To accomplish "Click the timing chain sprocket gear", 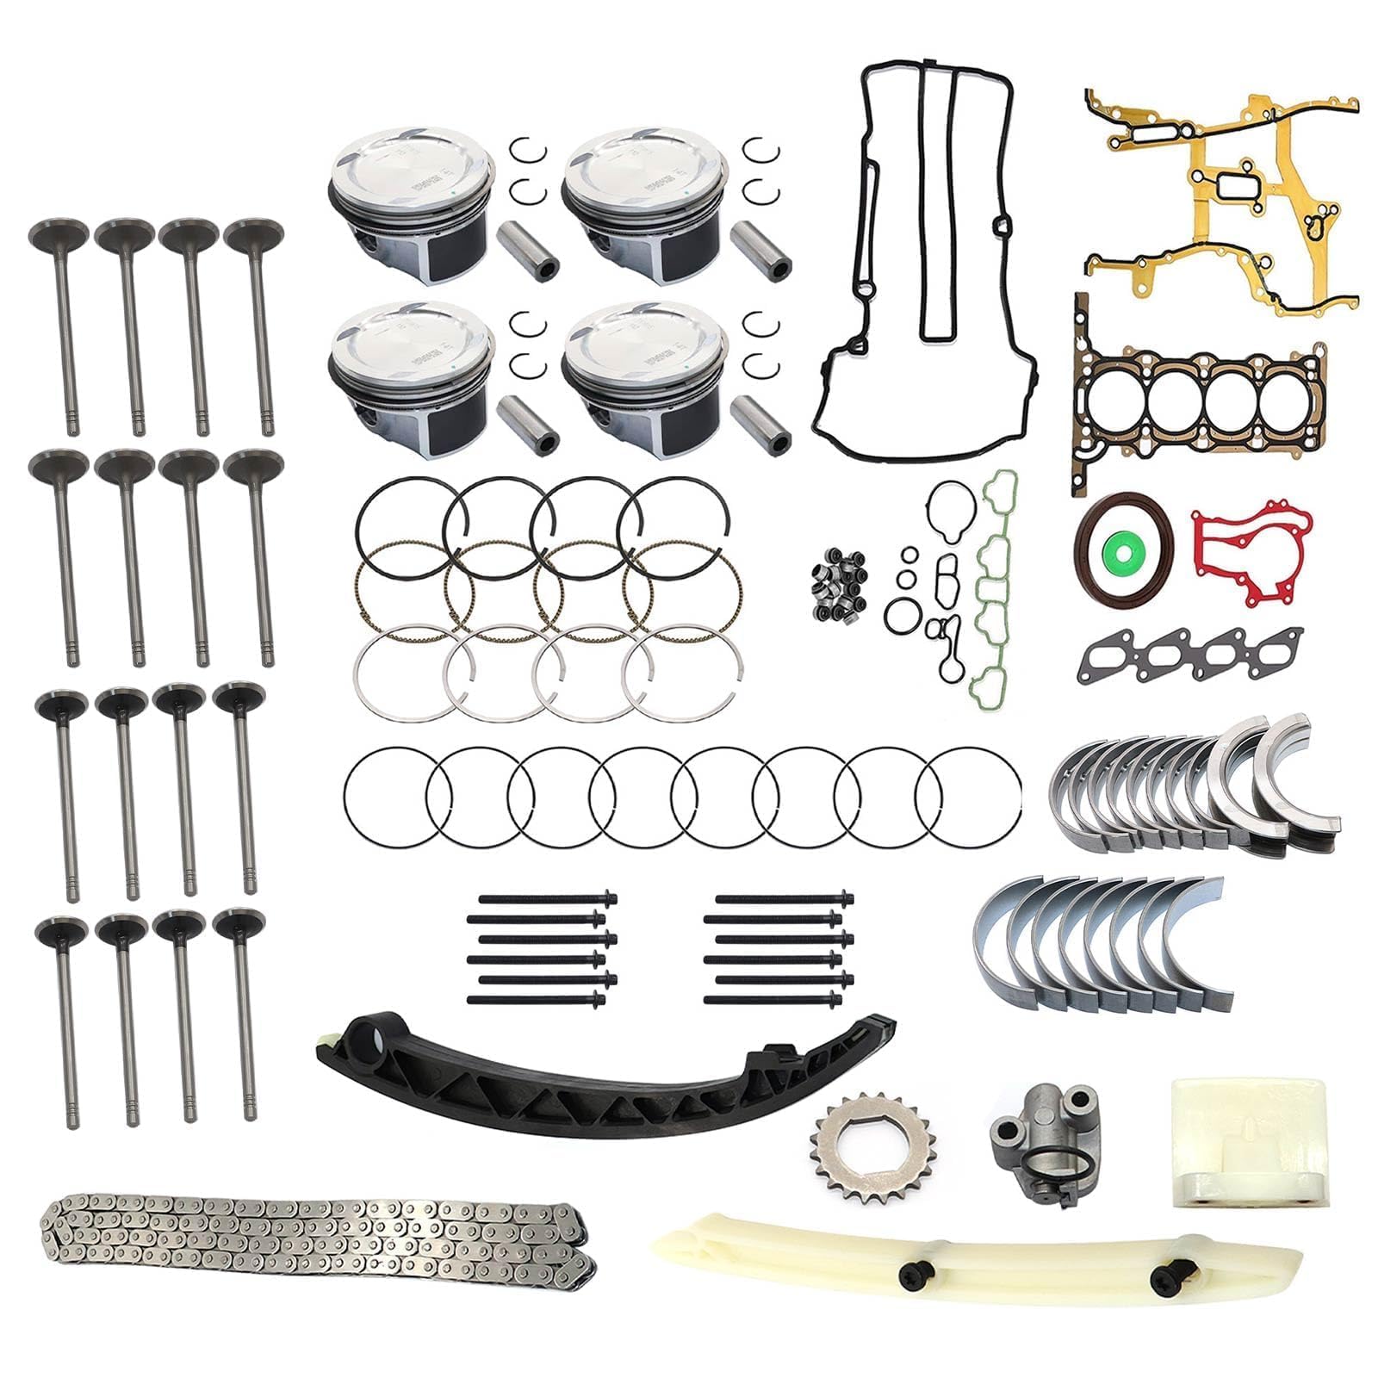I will pos(848,1145).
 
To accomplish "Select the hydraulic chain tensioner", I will pos(1040,1135).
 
